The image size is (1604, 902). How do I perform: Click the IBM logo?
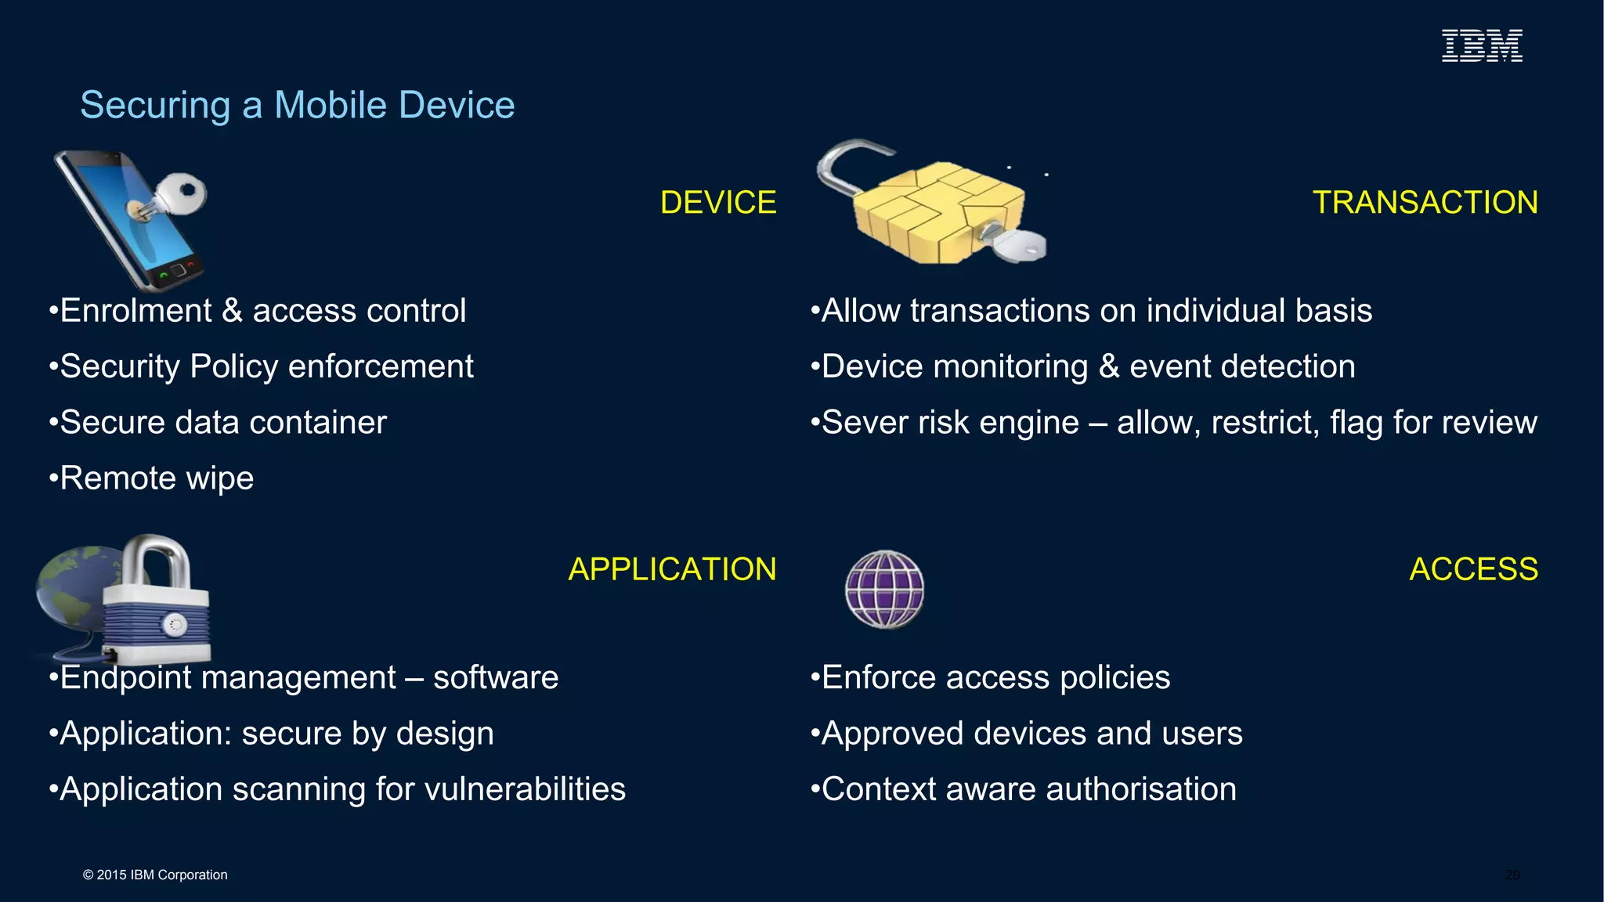1482,45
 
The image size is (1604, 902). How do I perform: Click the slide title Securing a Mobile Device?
298,105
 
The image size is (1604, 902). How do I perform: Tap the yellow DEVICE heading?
718,203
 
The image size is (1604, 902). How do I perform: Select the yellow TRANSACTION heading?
1425,203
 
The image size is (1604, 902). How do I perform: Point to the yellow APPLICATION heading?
672,569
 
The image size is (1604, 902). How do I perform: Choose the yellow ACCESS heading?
1473,569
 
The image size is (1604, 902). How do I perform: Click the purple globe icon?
885,590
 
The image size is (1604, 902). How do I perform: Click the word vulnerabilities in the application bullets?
525,789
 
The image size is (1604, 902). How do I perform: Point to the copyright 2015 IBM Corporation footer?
155,875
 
